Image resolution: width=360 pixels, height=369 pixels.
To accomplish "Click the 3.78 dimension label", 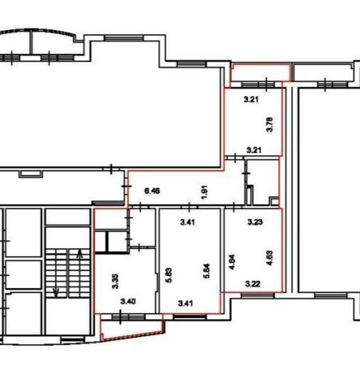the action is (x=270, y=124).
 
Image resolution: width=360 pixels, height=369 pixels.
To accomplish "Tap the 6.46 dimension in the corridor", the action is (x=152, y=191).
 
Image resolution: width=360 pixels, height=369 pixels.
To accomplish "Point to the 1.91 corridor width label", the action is (x=204, y=192).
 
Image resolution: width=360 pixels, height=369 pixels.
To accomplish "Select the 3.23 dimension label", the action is (x=255, y=222).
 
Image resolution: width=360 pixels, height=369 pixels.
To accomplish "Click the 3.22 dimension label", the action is (x=253, y=284).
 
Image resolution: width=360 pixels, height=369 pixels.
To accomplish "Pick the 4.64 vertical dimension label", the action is (x=232, y=262).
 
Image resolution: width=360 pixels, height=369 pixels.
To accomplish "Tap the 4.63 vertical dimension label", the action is (x=270, y=258).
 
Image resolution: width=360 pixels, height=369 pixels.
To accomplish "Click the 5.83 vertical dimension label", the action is (x=169, y=275).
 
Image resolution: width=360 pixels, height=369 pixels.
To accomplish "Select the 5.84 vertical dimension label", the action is (x=206, y=271).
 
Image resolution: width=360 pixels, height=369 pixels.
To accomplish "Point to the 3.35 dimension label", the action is (x=115, y=282).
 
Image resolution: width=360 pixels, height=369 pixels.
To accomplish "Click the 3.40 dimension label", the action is (x=128, y=301).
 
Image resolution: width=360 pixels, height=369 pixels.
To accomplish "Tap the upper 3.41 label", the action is (x=188, y=222).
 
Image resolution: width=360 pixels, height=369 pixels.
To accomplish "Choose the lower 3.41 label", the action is (x=186, y=304).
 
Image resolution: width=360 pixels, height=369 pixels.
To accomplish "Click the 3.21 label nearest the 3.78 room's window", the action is (x=251, y=99).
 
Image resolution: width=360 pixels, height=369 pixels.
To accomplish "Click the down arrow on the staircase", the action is (x=56, y=292).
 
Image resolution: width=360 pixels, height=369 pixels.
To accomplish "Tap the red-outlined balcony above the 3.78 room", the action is (x=260, y=72).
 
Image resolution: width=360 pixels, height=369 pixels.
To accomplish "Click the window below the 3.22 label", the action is (x=258, y=296).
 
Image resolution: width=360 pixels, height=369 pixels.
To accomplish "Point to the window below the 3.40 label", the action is (x=128, y=317).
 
